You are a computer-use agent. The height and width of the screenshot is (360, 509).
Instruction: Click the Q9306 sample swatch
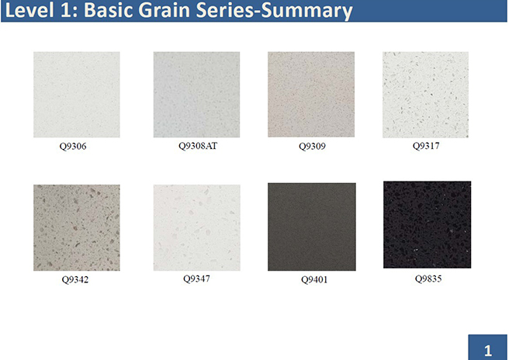point(77,95)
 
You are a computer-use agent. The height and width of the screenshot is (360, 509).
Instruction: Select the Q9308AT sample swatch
point(197,95)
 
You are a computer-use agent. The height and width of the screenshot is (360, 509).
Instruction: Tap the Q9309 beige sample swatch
point(311,94)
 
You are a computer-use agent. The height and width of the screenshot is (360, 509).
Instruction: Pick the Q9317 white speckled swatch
point(425,95)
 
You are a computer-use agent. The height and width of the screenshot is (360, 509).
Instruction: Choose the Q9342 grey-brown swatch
point(77,227)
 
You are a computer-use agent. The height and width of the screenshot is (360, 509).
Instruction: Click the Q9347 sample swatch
point(197,227)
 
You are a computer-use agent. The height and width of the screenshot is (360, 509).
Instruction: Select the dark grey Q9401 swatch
point(312,227)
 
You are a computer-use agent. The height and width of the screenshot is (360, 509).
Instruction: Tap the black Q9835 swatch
point(428,225)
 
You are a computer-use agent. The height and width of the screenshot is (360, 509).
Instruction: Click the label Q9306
point(73,147)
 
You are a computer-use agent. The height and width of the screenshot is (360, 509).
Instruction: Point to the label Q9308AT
point(198,146)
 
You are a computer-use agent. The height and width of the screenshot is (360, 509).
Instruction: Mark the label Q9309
point(312,147)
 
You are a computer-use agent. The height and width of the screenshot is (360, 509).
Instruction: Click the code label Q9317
point(426,146)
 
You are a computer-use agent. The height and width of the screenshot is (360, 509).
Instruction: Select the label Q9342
point(75,279)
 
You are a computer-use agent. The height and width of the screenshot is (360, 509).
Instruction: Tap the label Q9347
point(197,279)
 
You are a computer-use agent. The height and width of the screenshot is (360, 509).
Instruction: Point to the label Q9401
point(314,279)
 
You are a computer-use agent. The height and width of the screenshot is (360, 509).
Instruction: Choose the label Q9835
point(428,279)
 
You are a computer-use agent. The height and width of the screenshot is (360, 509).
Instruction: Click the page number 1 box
point(487,347)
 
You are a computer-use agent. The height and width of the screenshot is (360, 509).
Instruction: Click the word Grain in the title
point(164,10)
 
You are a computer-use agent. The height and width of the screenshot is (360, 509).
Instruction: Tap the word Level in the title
point(29,10)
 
